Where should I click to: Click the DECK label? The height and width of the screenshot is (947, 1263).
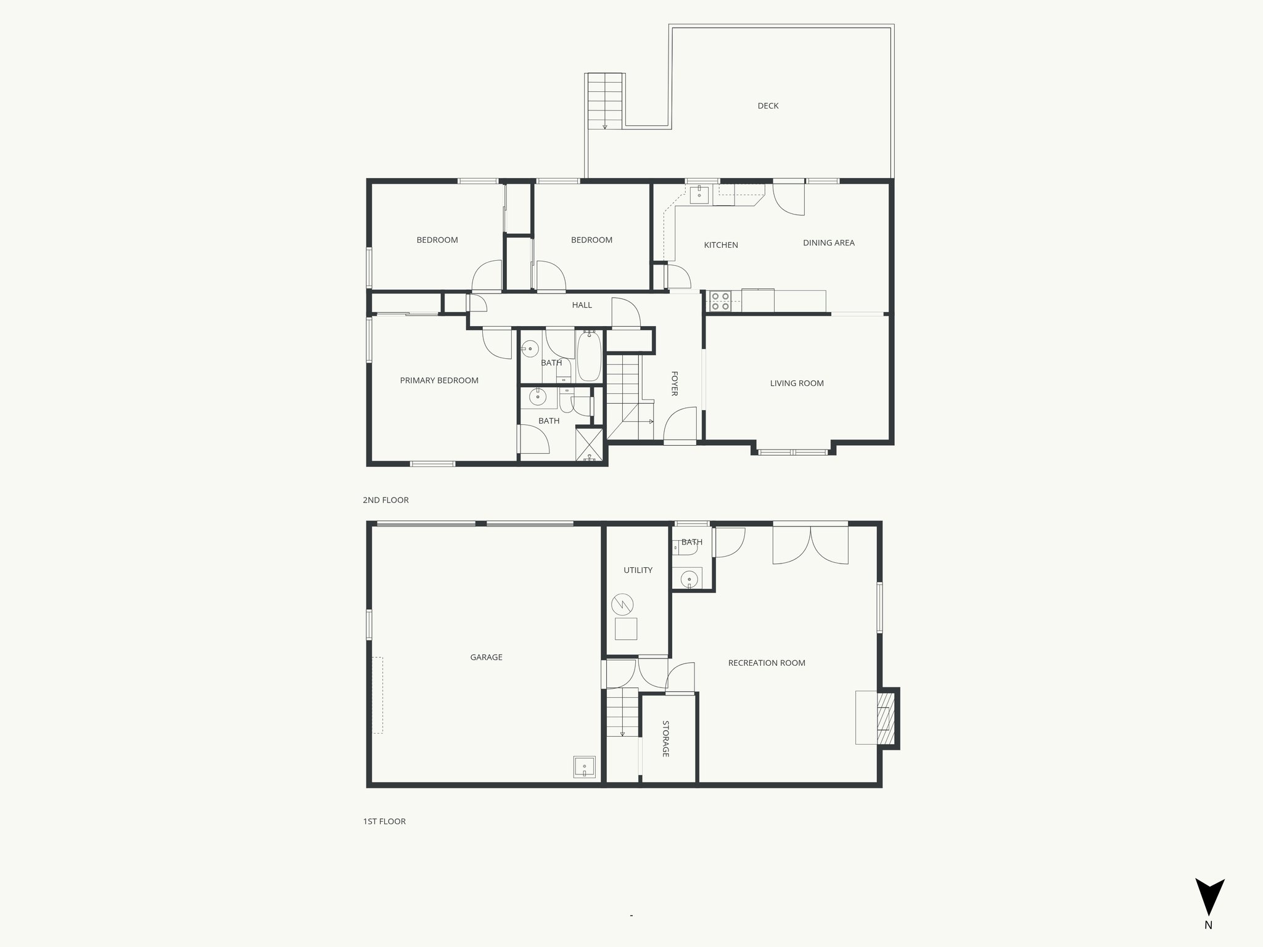[768, 106]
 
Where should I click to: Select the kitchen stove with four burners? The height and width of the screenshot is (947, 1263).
[719, 301]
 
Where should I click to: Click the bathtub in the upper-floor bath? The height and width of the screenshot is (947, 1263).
[589, 356]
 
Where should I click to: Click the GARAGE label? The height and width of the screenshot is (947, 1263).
[486, 657]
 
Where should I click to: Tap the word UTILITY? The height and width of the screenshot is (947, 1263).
[638, 570]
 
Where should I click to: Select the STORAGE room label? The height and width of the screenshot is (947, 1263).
[666, 739]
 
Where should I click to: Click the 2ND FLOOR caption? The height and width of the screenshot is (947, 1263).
[385, 500]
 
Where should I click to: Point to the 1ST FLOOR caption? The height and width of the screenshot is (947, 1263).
[384, 821]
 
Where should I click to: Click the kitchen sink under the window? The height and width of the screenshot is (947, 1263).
[699, 194]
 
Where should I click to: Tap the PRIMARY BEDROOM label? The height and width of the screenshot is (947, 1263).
[439, 380]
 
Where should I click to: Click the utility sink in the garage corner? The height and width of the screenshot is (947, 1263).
[584, 767]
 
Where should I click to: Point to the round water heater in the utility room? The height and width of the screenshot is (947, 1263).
[622, 604]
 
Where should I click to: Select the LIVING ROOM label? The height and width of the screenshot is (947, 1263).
[797, 383]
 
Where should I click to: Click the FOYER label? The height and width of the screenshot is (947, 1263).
[674, 383]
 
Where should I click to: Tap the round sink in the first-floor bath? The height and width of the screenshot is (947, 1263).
[689, 578]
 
